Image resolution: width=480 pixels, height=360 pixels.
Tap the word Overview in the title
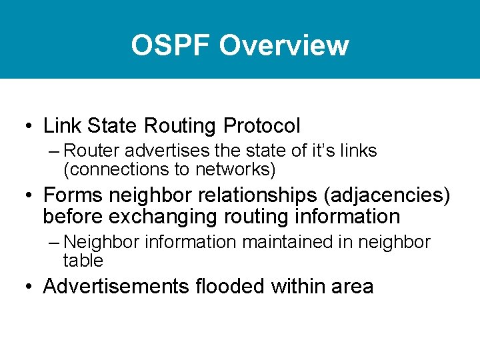283,45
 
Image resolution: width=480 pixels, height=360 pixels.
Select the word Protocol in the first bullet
262,125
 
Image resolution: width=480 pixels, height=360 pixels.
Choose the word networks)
235,169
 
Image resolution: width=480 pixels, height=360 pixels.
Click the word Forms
73,196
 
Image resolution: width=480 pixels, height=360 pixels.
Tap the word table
83,260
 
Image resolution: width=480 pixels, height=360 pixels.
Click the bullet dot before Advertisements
27,287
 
